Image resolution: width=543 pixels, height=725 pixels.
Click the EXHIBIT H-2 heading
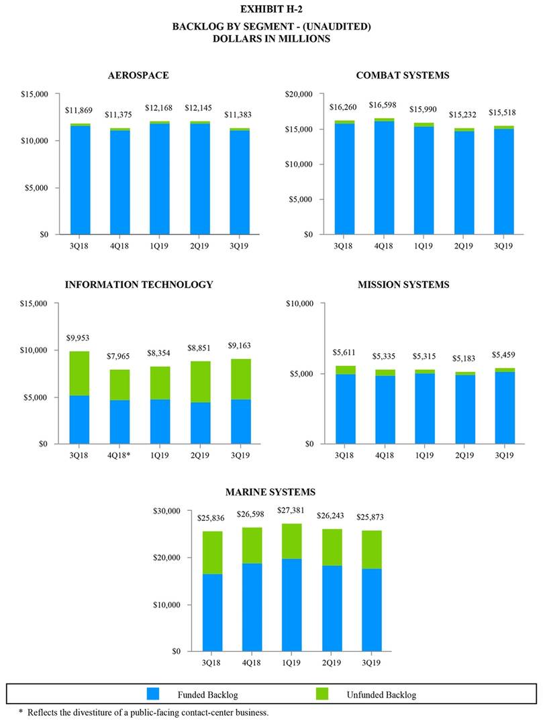tap(271, 9)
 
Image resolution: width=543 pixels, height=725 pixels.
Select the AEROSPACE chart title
tap(138, 75)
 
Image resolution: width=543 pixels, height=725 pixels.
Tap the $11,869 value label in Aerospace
tap(79, 110)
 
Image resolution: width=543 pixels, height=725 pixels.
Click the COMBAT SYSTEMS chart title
tap(403, 75)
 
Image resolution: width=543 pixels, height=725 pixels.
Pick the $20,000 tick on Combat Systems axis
tap(299, 94)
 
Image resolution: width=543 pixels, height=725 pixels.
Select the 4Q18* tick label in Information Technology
tap(119, 454)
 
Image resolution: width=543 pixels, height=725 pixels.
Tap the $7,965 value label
tap(119, 356)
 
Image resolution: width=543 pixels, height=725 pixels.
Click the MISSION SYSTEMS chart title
tap(403, 285)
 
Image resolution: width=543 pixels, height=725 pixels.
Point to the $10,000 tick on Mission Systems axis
tap(299, 303)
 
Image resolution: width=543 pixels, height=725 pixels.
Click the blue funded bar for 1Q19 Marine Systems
tap(291, 604)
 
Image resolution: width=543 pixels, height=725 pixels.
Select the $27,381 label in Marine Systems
tap(291, 510)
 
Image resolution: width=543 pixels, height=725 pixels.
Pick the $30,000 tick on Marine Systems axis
tap(168, 512)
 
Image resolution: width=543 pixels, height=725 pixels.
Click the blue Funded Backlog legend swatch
tap(154, 693)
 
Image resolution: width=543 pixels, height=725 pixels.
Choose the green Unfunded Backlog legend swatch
tap(323, 693)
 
